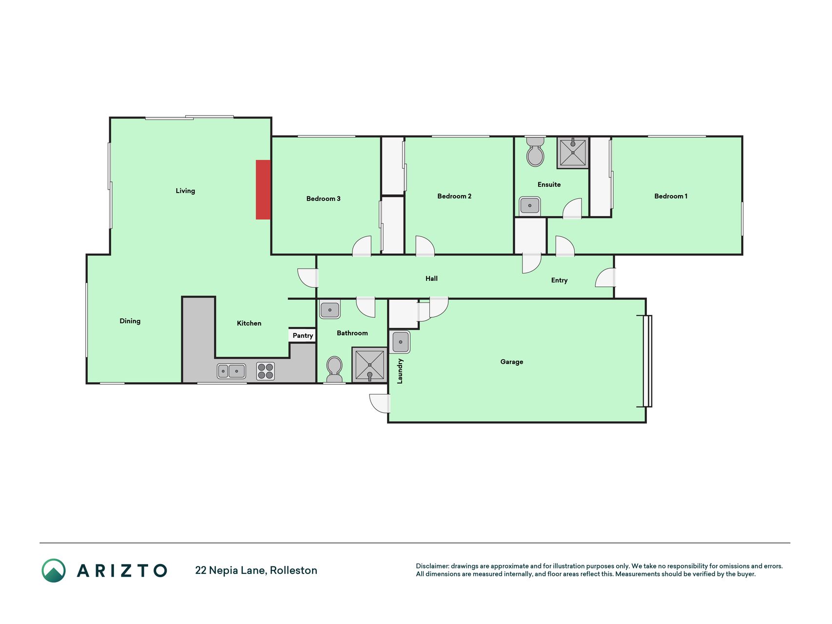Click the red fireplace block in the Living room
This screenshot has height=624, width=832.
pos(263,190)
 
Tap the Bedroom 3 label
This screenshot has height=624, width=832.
pos(323,198)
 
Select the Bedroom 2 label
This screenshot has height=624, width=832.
pos(454,196)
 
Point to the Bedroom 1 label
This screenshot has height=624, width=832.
pos(671,196)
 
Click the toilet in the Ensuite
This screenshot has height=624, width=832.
pos(535,152)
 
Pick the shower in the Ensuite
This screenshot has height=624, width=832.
pos(573,153)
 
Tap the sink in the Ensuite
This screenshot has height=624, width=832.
pos(530,205)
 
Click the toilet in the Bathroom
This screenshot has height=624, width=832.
pos(334,370)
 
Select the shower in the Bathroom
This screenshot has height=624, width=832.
pos(369,365)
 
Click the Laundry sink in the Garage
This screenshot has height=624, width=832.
pos(400,342)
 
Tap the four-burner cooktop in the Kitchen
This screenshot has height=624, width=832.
pos(265,371)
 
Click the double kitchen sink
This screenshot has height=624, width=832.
pos(231,371)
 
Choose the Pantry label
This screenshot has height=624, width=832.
pos(303,335)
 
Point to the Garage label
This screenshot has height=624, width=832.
pos(512,362)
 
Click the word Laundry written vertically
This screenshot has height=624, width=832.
pos(400,371)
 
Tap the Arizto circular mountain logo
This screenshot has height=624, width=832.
pos(54,570)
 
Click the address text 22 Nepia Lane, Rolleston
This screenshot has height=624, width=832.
pos(256,570)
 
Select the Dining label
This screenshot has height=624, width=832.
pos(130,321)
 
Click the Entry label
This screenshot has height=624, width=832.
pos(559,280)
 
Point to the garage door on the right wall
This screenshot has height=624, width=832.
pos(647,361)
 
